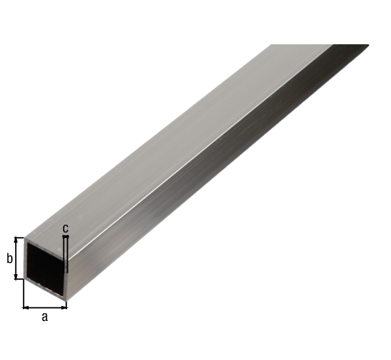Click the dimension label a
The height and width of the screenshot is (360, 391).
pyautogui.click(x=44, y=317)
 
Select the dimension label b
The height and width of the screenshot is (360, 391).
pyautogui.click(x=10, y=258)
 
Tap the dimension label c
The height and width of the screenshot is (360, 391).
pyautogui.click(x=65, y=228)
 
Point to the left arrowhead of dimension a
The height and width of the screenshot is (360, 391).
pyautogui.click(x=25, y=308)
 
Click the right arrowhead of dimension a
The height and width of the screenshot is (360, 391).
pyautogui.click(x=65, y=308)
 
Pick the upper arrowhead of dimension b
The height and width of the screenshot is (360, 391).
pyautogui.click(x=16, y=240)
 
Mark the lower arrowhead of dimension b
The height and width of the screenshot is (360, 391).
pyautogui.click(x=16, y=277)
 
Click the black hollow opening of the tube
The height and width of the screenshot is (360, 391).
pyautogui.click(x=46, y=266)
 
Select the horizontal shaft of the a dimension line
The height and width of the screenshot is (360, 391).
pyautogui.click(x=45, y=308)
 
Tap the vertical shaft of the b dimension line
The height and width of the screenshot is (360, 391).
pyautogui.click(x=16, y=258)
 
